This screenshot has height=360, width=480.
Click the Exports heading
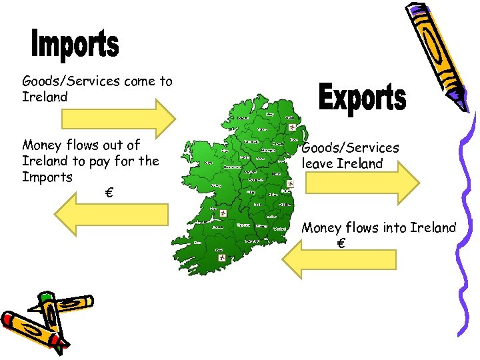click(362, 98)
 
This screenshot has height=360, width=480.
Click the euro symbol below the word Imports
click(108, 193)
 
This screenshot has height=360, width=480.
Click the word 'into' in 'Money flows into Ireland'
click(395, 228)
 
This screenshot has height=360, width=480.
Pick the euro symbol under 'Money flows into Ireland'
click(341, 244)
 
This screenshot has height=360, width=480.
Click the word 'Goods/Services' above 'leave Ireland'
click(351, 148)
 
